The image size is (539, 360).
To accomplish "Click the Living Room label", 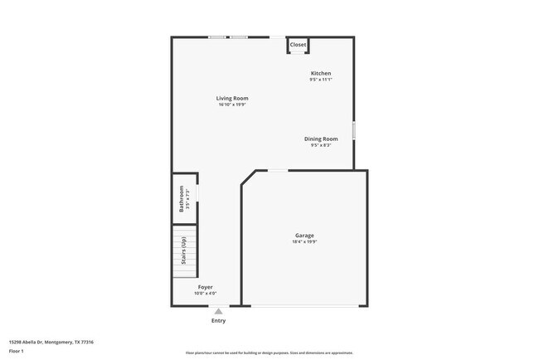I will (233, 99).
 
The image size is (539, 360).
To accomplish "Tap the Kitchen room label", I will (321, 73).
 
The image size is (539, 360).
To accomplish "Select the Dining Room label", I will (321, 139).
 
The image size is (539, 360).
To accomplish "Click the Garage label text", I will (304, 236).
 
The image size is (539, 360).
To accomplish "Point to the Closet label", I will (298, 45).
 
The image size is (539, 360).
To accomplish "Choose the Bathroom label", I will (182, 198).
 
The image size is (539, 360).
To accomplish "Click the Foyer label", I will (205, 287).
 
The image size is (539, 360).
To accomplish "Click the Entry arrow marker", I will (218, 312).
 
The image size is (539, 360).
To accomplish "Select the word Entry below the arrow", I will (218, 321).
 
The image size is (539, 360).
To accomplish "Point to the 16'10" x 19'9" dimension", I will (233, 105).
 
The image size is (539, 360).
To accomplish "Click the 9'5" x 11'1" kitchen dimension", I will (321, 80).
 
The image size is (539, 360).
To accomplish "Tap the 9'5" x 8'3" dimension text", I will (321, 145).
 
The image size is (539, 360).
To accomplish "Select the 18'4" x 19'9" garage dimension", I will (304, 242).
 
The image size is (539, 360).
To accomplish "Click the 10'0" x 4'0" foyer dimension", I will (205, 294).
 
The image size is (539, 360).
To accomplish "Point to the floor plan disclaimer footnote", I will (269, 353).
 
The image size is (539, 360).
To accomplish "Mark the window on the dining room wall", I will (354, 130).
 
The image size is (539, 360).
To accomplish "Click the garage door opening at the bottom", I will (304, 306).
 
